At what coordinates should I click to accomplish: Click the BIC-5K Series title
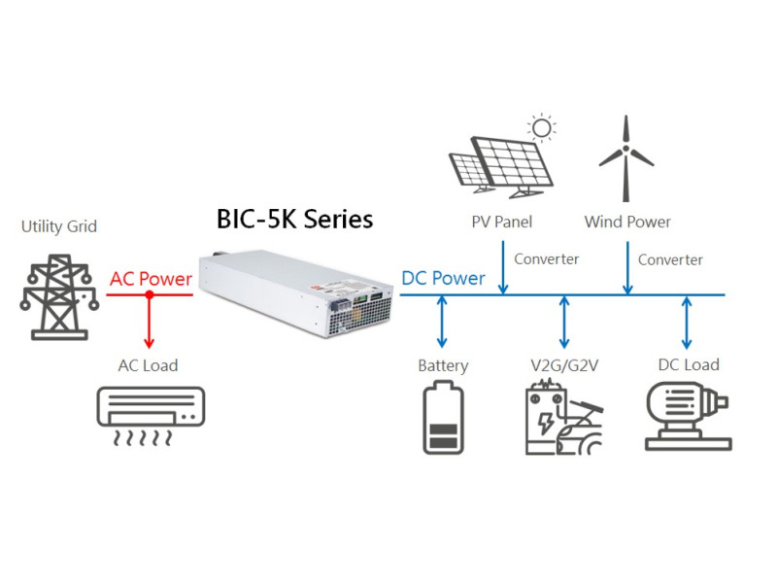tap(294, 220)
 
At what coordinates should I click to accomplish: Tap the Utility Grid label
tap(59, 227)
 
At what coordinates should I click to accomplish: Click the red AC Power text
tap(151, 280)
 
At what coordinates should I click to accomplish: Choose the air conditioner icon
tap(151, 415)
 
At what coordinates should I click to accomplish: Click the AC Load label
tap(148, 365)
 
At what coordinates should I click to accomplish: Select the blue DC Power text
tap(443, 279)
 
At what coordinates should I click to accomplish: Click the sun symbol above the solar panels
tap(539, 127)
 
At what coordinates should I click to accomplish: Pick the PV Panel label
tap(502, 223)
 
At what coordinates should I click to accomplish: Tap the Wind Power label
tap(627, 223)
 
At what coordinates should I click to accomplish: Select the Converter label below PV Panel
tap(547, 259)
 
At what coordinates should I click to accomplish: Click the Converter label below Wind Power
tap(670, 260)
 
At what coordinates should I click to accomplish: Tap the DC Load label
tap(689, 365)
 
